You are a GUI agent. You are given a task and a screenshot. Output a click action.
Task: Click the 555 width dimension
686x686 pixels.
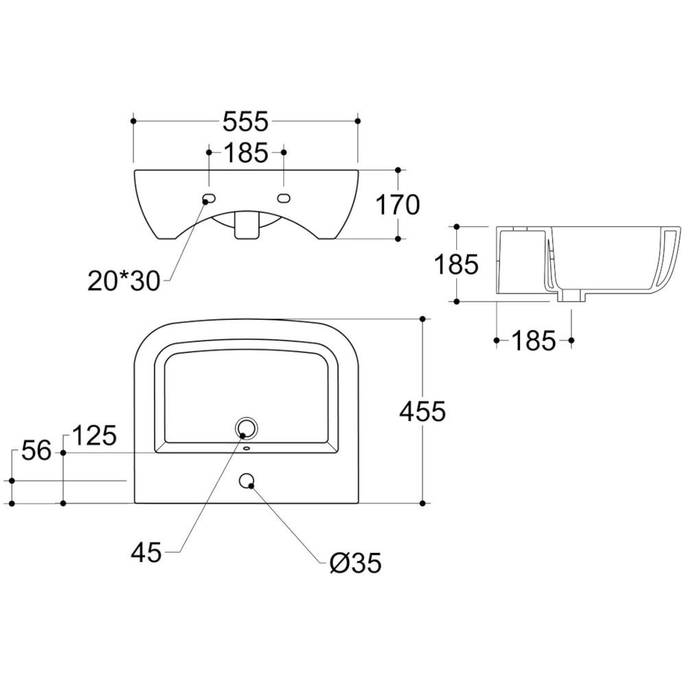[245, 121]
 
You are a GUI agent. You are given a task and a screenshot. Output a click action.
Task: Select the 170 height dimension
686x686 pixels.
[398, 204]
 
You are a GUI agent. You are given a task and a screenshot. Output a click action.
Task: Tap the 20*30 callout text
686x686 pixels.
[124, 281]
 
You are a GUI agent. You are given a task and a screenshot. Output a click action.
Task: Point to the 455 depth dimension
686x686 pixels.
[422, 411]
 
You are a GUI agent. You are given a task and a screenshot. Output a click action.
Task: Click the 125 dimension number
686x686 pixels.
[94, 436]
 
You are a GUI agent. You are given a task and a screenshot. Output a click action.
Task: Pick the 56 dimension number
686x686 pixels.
[36, 451]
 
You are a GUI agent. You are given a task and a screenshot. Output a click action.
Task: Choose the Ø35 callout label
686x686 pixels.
[355, 563]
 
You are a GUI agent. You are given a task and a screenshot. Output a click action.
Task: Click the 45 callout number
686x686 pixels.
[146, 552]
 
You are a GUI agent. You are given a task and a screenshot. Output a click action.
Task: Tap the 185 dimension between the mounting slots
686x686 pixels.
[246, 153]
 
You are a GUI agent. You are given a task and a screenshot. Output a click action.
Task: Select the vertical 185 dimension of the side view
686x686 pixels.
[456, 264]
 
